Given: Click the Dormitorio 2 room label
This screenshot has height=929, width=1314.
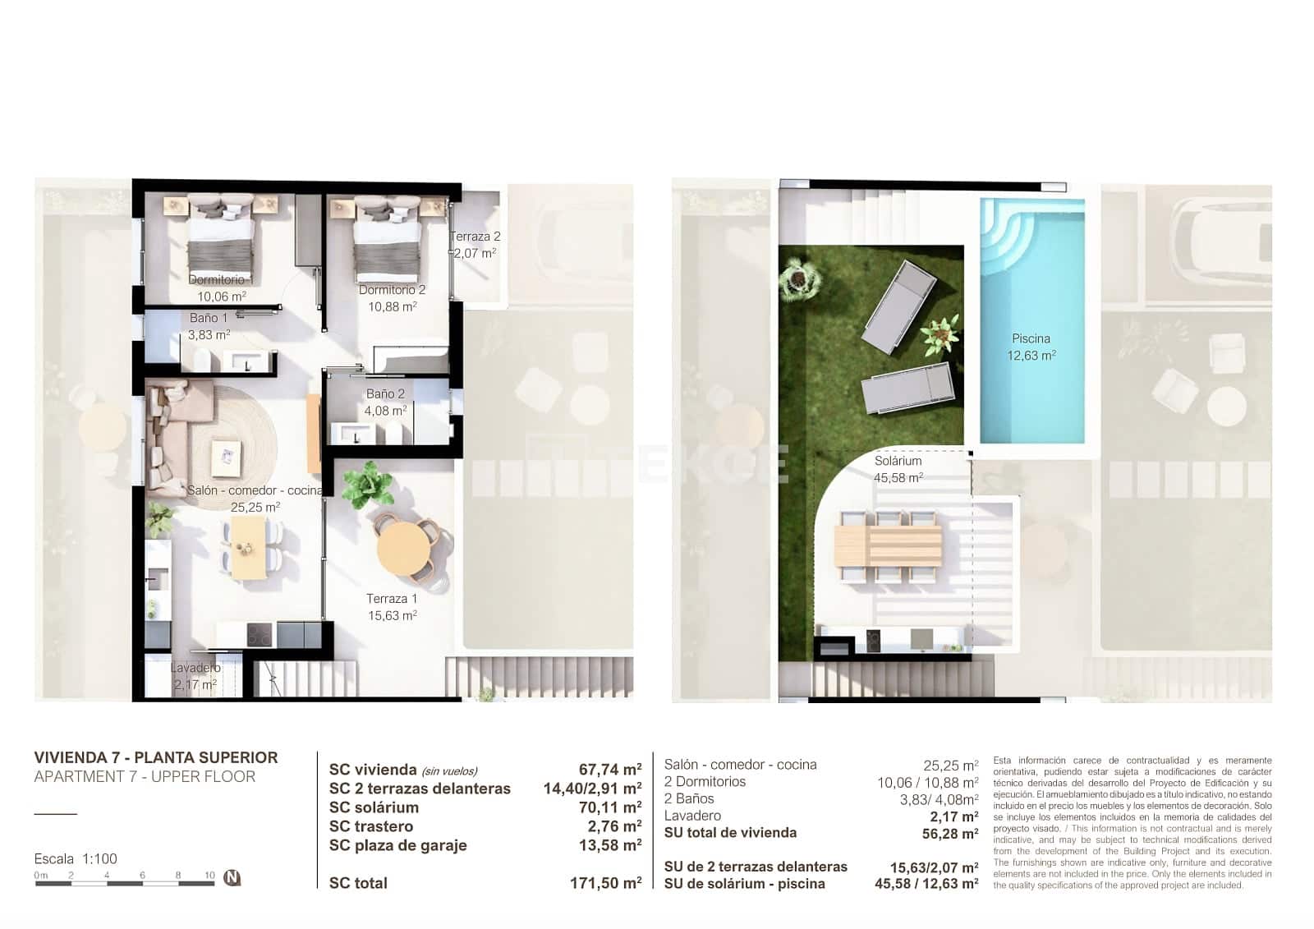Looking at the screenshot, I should [392, 290].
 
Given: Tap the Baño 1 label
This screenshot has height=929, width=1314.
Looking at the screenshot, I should [209, 318].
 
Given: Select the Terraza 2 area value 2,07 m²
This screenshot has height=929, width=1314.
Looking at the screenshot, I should [476, 253].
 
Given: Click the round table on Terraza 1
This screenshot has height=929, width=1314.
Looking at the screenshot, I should [407, 548].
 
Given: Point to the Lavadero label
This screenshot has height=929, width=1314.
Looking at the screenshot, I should [195, 668].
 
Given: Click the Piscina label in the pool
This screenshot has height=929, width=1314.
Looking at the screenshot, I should [1031, 338].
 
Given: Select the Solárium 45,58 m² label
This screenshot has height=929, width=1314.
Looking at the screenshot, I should [898, 469].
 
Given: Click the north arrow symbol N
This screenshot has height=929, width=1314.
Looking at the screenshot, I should [232, 877].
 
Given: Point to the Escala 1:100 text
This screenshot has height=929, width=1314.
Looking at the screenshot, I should [76, 858].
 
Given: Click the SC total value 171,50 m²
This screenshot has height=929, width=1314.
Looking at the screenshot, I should [605, 884].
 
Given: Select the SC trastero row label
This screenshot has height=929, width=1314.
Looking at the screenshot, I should [371, 826].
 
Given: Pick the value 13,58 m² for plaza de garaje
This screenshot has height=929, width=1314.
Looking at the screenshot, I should [609, 845].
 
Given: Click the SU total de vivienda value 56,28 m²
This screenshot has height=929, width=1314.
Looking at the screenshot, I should [949, 834].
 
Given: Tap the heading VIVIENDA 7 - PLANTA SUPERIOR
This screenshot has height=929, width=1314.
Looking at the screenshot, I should [156, 757].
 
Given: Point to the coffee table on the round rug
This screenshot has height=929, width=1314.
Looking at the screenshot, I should [226, 458].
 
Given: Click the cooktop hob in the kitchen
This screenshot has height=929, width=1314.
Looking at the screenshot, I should [260, 634].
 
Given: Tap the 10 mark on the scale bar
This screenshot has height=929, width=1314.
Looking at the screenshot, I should [209, 876].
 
